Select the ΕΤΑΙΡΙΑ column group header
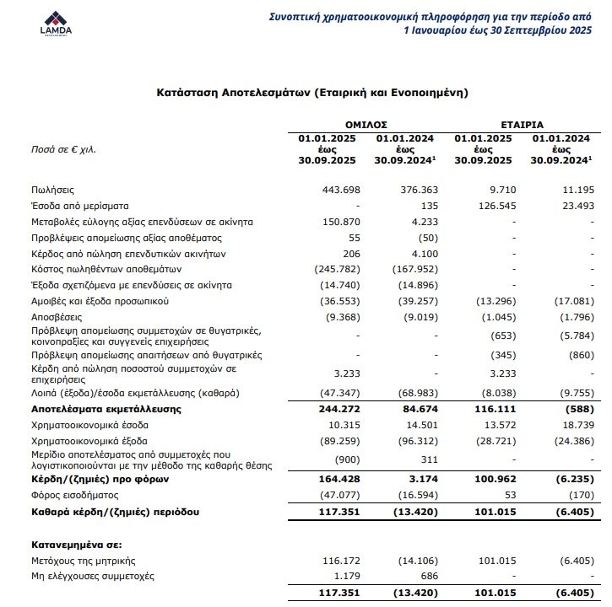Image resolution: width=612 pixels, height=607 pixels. (x=525, y=123)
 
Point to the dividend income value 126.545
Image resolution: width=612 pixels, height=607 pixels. (x=495, y=206)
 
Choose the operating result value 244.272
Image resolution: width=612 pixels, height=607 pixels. (x=339, y=408)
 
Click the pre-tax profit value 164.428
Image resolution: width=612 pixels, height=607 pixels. (x=339, y=480)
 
